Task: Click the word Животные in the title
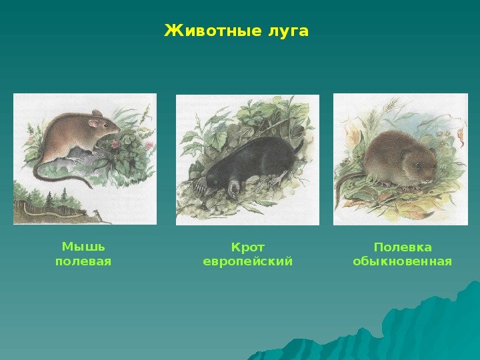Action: pos(213,31)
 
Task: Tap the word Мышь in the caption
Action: pos(83,247)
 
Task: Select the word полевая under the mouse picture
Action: pos(83,261)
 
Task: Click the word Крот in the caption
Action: pos(247,247)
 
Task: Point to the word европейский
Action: pos(247,262)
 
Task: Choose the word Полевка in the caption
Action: pos(403,247)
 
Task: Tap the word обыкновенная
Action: pos(403,262)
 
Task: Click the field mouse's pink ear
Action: pos(93,123)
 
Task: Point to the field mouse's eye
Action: pos(106,125)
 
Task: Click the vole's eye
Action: pos(417,165)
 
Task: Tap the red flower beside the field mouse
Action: pos(116,144)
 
